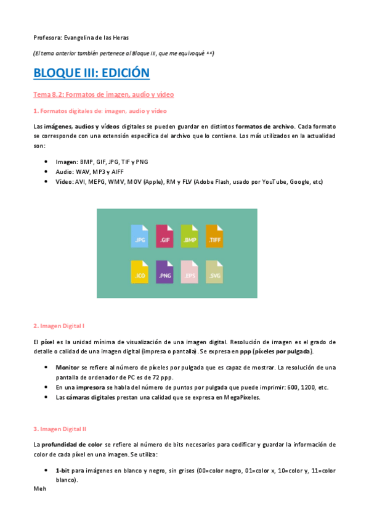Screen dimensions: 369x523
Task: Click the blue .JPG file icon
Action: (140, 236)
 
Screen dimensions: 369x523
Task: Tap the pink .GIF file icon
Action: (165, 236)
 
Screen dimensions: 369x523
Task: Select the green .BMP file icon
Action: (190, 236)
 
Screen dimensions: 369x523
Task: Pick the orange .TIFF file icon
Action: (214, 236)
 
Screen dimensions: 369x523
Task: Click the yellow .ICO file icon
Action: (140, 273)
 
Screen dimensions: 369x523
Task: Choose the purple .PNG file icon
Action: (165, 273)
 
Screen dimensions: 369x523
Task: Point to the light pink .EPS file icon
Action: (190, 273)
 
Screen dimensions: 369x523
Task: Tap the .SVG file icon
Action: (214, 273)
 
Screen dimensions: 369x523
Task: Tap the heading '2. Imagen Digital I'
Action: (61, 325)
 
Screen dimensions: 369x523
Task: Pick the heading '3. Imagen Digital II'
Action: (62, 428)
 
